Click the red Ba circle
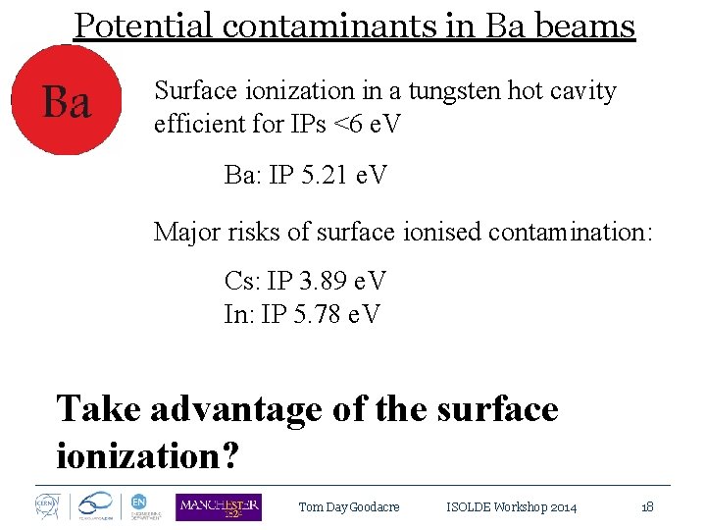(66, 102)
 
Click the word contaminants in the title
(329, 26)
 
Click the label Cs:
(242, 282)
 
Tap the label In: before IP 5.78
(240, 315)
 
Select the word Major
(187, 232)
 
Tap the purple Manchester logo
(218, 506)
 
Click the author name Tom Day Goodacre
(348, 507)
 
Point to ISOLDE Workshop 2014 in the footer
(511, 507)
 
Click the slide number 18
(647, 507)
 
